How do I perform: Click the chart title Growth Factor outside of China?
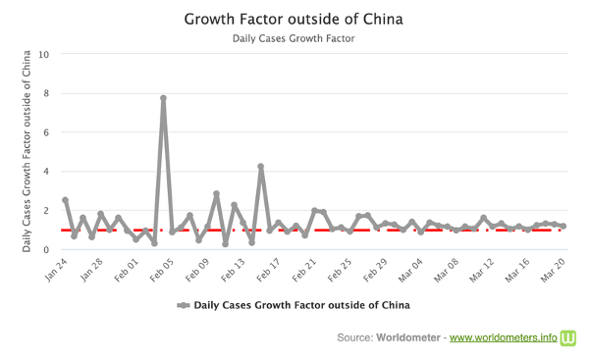point(294,20)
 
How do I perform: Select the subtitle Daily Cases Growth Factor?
point(294,38)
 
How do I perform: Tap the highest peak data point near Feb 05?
point(163,98)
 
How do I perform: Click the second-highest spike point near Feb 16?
point(261,167)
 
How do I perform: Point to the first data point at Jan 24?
point(66,200)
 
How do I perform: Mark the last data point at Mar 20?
point(563,226)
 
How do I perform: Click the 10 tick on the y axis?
point(43,54)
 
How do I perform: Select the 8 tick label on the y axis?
point(46,93)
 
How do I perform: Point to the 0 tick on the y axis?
point(46,249)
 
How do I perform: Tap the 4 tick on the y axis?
point(46,172)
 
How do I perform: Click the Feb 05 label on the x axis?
point(162,270)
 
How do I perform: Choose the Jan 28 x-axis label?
point(91,270)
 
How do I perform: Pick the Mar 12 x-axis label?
point(482,270)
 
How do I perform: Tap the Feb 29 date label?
point(375,270)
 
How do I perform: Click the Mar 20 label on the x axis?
point(553,270)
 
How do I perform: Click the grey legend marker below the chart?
point(184,305)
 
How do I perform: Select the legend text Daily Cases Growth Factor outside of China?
point(301,305)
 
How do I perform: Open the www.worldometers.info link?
point(504,337)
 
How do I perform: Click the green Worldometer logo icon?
point(568,337)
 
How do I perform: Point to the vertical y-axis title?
point(27,151)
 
